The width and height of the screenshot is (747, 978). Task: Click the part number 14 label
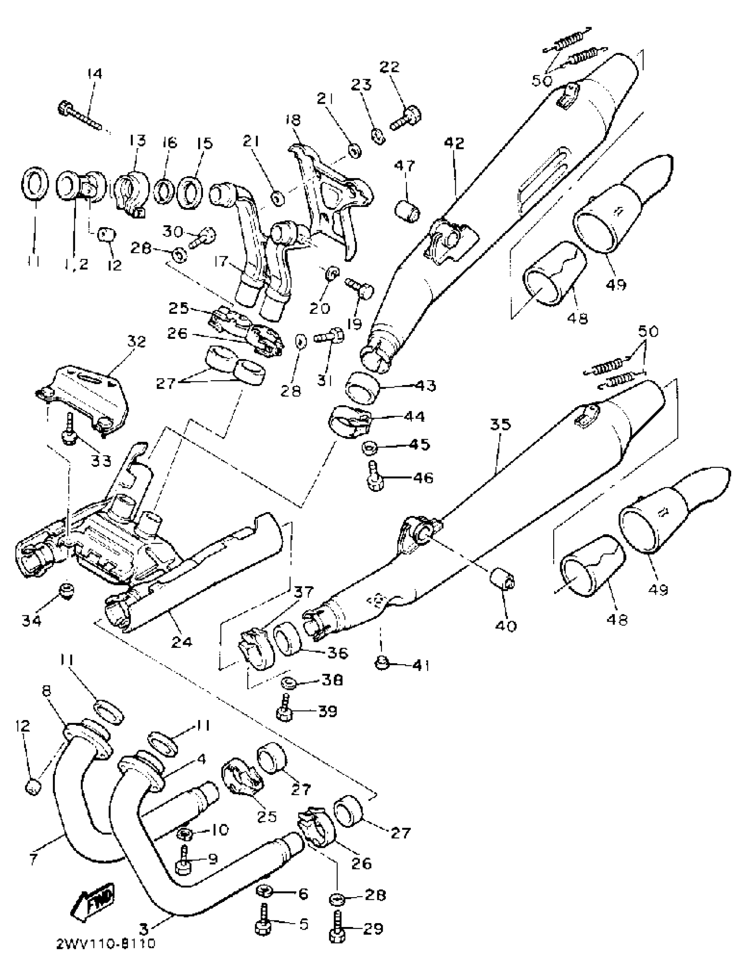coord(94,73)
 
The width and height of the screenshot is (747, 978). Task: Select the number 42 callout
coord(454,143)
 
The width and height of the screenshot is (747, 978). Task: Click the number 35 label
coord(501,425)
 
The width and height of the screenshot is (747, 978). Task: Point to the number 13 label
coord(138,142)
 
